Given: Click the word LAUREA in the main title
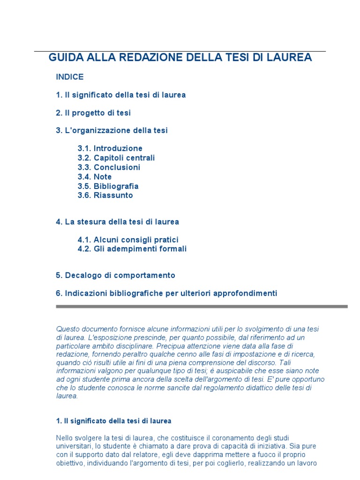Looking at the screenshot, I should coord(290,58).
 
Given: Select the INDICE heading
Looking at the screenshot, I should coord(69,77).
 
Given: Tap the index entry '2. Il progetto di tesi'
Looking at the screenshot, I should coord(93,113).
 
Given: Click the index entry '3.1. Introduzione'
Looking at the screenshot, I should coord(110,149).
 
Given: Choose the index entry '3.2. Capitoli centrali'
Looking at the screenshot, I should coord(116,158).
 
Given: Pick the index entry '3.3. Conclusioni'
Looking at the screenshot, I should coord(109,167).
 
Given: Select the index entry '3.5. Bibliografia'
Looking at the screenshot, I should coord(108,186).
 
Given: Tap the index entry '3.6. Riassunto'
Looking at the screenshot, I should coord(105,195).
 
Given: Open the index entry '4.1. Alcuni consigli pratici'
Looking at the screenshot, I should coord(128,240).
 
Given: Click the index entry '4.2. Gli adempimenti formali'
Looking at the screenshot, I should coord(132,249).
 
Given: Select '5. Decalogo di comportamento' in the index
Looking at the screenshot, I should coord(115,275).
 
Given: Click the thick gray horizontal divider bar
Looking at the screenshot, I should coord(202,307).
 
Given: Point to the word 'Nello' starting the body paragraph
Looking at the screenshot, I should coord(64,437).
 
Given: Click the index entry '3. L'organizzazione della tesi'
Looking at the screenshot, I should coord(112,131).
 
